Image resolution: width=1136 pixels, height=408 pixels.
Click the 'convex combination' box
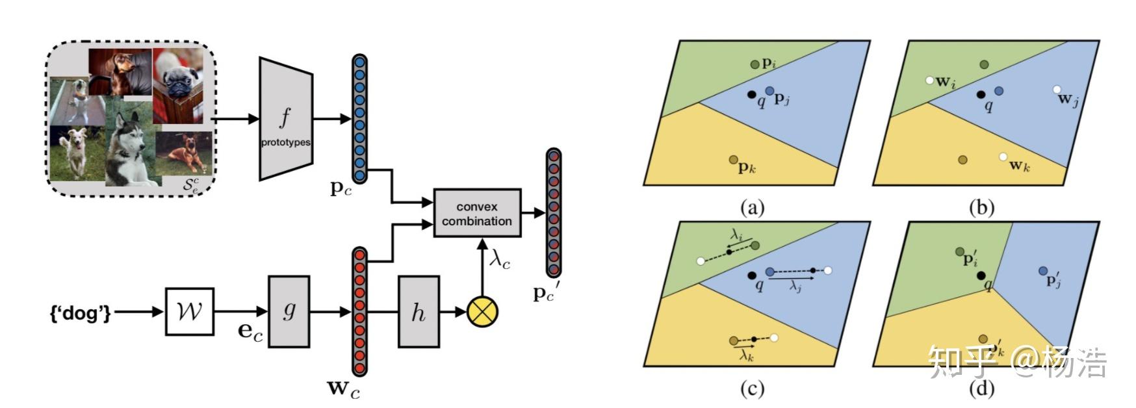pyautogui.click(x=477, y=213)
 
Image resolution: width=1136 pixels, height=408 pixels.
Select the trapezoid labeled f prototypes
pyautogui.click(x=286, y=118)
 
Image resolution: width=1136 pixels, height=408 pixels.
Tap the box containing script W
pyautogui.click(x=189, y=312)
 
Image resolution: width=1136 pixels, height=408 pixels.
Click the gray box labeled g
pyautogui.click(x=289, y=312)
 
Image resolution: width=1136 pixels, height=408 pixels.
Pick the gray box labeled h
pyautogui.click(x=419, y=312)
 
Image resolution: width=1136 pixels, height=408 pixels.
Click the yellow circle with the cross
pyautogui.click(x=482, y=312)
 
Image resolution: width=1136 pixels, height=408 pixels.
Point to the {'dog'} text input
pyautogui.click(x=81, y=312)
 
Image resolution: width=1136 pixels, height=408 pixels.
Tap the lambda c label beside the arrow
pyautogui.click(x=500, y=259)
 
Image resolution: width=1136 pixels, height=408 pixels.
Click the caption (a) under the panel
pyautogui.click(x=753, y=208)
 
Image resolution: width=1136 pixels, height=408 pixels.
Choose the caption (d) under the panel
pyautogui.click(x=981, y=389)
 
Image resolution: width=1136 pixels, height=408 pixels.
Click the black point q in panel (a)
pyautogui.click(x=752, y=95)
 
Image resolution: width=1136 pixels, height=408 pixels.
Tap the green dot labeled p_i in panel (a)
pyautogui.click(x=755, y=64)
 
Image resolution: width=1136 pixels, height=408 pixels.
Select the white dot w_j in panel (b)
pyautogui.click(x=1057, y=90)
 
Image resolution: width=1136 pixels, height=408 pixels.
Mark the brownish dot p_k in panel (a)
pyautogui.click(x=734, y=160)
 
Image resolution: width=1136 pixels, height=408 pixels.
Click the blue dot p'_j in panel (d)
pyautogui.click(x=1043, y=270)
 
